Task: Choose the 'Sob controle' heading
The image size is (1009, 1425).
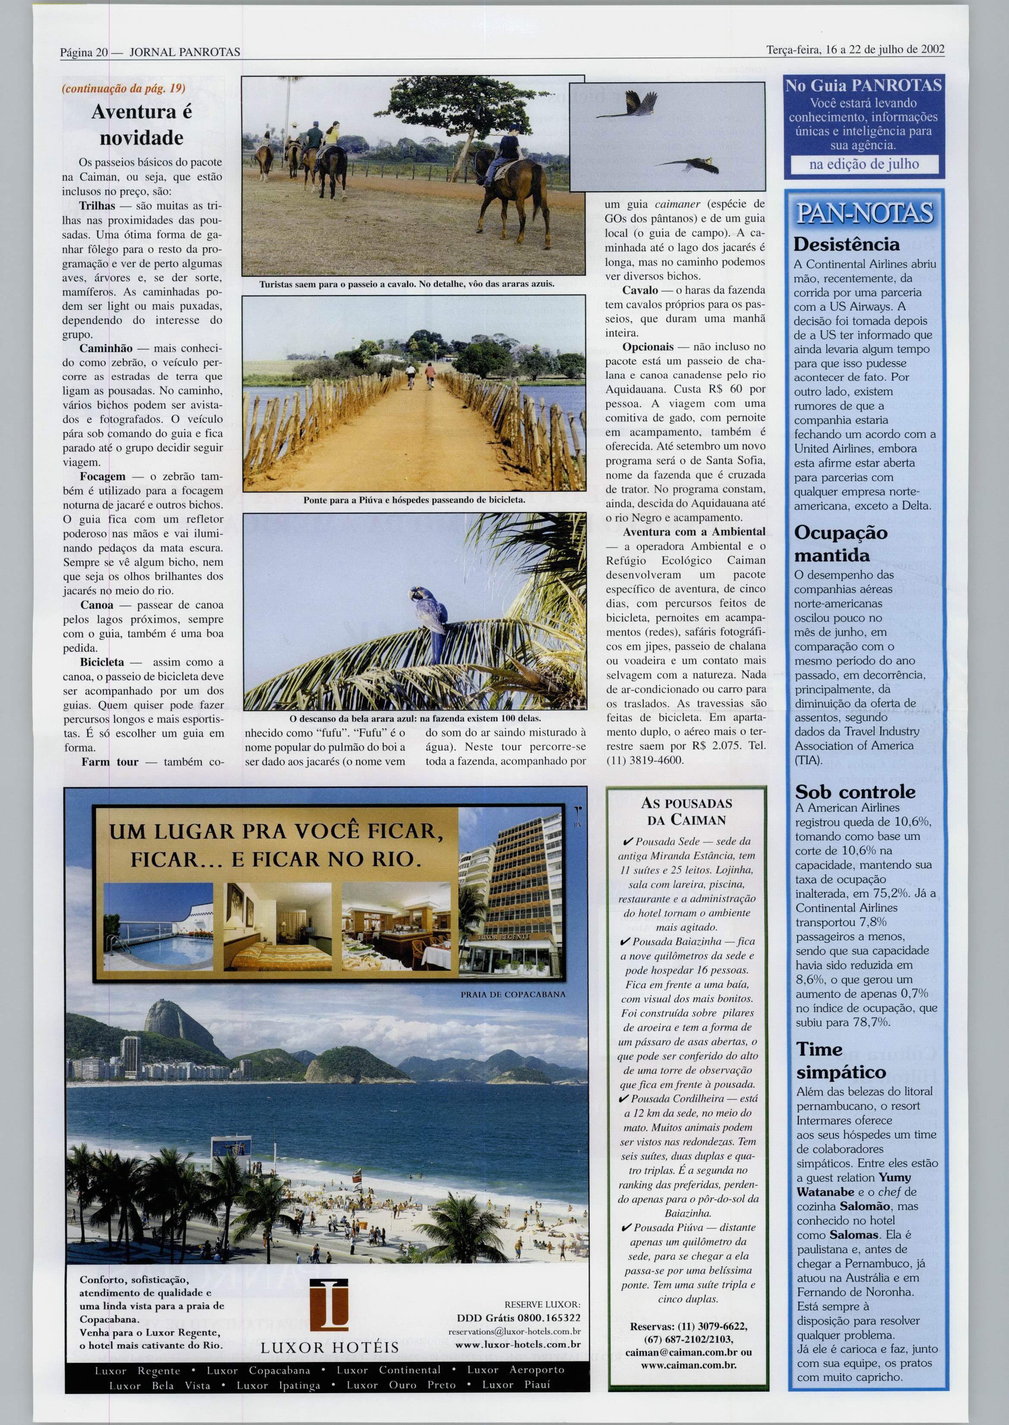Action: point(855,792)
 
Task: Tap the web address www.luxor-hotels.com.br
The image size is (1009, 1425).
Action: point(518,1345)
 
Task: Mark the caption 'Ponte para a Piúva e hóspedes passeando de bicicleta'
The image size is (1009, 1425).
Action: point(414,499)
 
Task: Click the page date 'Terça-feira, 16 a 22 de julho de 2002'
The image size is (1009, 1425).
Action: point(855,50)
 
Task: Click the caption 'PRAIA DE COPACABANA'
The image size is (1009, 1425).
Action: point(513,994)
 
